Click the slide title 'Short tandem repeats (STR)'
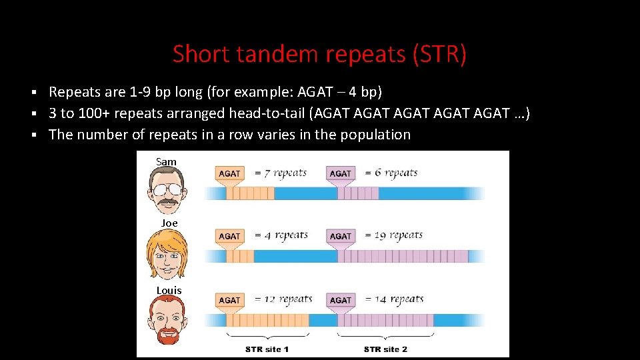pyautogui.click(x=319, y=54)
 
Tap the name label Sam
pyautogui.click(x=166, y=162)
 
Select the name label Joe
pyautogui.click(x=169, y=223)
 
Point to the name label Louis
pyautogui.click(x=169, y=291)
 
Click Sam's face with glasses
pyautogui.click(x=167, y=189)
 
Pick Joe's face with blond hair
pyautogui.click(x=167, y=253)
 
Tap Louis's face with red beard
pyautogui.click(x=167, y=319)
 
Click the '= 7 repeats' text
pyautogui.click(x=281, y=173)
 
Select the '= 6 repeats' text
pyautogui.click(x=391, y=173)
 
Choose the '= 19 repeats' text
pyautogui.click(x=394, y=235)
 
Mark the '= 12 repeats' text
pyautogui.click(x=283, y=299)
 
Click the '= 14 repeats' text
pyautogui.click(x=394, y=299)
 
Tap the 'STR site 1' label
pyautogui.click(x=267, y=349)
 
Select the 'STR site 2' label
pyautogui.click(x=385, y=349)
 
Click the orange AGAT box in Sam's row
pyautogui.click(x=229, y=173)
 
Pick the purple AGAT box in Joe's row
pyautogui.click(x=340, y=236)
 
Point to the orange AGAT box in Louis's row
pyautogui.click(x=229, y=300)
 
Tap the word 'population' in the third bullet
pyautogui.click(x=375, y=135)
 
